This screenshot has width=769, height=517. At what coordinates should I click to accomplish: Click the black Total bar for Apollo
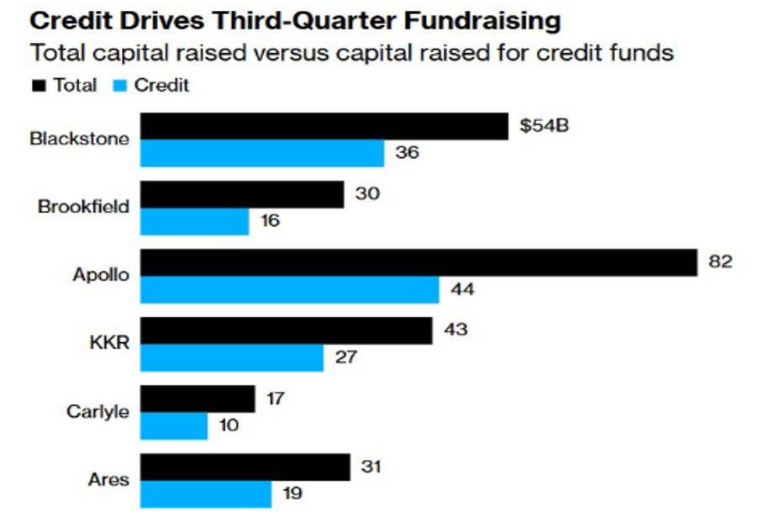(418, 262)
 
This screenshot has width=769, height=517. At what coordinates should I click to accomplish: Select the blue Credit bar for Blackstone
(261, 153)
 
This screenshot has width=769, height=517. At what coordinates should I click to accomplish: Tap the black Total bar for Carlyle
(197, 398)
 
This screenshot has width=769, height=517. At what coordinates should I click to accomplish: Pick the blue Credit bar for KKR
(231, 357)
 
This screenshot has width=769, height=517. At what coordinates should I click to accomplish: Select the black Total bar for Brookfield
(241, 194)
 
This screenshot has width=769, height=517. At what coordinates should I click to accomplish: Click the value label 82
(722, 261)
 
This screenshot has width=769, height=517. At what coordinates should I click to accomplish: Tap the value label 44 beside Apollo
(463, 290)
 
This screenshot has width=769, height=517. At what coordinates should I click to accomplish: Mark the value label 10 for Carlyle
(229, 425)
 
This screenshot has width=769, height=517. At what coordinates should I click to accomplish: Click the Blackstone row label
(79, 139)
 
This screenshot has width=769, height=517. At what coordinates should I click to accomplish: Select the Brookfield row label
(83, 207)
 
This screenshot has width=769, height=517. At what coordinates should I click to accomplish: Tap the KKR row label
(110, 343)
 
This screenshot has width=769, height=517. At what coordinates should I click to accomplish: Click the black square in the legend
(39, 86)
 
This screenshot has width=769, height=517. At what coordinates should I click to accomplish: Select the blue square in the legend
(119, 86)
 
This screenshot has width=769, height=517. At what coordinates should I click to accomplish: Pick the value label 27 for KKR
(346, 357)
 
